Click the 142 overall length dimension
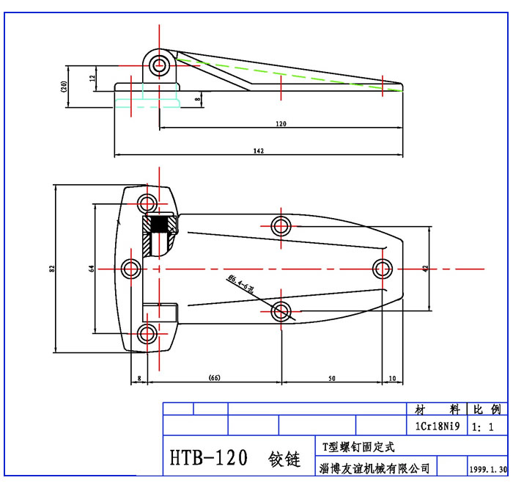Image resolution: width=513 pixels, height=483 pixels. (x=258, y=150)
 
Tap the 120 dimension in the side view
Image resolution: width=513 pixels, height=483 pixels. (x=281, y=123)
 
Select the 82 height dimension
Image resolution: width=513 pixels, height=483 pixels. (x=51, y=269)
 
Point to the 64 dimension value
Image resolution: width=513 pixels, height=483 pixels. (x=92, y=269)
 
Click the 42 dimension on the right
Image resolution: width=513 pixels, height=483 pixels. (x=426, y=269)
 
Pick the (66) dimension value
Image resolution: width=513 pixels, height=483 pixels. (x=214, y=378)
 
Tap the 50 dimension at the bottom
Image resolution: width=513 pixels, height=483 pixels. (x=331, y=378)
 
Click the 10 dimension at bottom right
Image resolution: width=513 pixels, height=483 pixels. (x=393, y=378)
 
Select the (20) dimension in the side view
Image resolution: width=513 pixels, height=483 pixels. (x=65, y=87)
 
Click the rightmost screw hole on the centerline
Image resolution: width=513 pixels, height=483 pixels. (x=383, y=268)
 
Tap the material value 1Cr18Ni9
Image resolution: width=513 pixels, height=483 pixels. (x=438, y=426)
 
